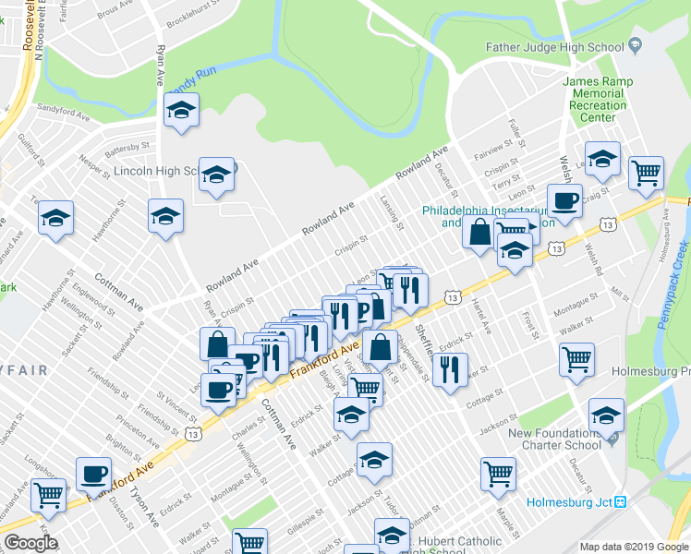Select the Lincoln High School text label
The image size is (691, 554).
tap(152, 171)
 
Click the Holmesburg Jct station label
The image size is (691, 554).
tap(569, 502)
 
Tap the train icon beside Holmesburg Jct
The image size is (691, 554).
tap(621, 502)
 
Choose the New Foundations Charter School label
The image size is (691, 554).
tap(554, 439)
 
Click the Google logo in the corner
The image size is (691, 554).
tap(30, 542)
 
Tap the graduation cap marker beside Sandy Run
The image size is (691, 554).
tap(182, 111)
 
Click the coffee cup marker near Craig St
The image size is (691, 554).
tap(564, 199)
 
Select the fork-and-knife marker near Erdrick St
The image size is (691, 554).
tap(449, 369)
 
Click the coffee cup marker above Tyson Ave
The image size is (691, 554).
tap(93, 473)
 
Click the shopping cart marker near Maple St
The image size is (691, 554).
tap(498, 473)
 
